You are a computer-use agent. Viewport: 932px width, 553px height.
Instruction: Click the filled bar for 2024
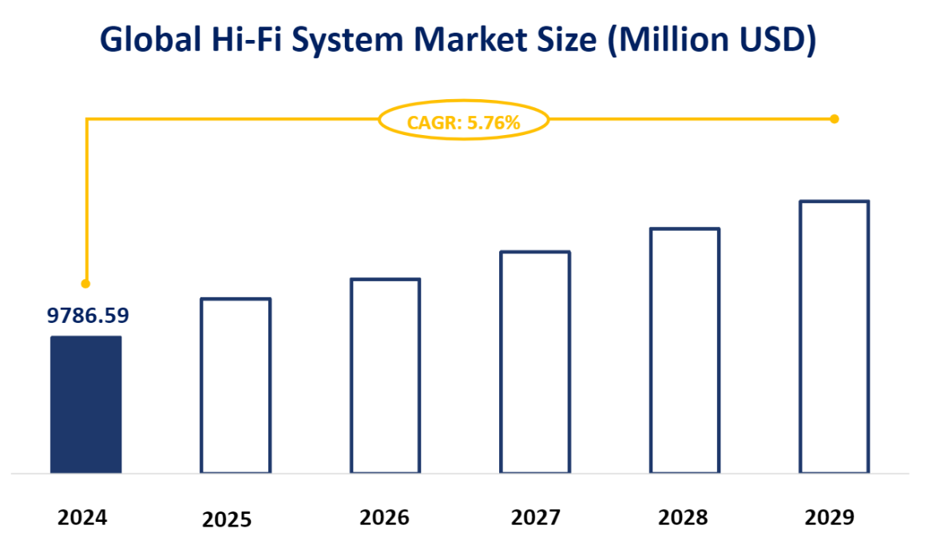86,404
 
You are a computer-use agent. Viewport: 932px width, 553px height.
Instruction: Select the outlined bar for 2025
236,385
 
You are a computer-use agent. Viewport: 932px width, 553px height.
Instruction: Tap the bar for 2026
386,376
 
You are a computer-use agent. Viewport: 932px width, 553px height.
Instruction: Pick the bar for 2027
535,362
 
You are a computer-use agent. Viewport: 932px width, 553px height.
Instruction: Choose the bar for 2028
684,350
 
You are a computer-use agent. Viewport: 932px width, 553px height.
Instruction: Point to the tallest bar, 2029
834,336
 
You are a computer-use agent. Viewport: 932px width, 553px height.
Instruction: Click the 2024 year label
82,518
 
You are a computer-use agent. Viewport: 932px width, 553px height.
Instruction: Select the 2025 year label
227,520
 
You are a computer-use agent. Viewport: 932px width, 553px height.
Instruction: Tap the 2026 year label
384,518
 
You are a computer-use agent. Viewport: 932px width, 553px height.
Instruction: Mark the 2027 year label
535,518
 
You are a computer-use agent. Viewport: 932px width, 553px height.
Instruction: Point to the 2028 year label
683,518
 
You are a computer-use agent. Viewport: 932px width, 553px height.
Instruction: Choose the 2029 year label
830,518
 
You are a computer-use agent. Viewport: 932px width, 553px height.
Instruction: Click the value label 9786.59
88,316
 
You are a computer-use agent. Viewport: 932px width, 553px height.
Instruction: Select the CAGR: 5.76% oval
463,121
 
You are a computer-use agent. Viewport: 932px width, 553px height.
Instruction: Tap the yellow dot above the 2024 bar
85,284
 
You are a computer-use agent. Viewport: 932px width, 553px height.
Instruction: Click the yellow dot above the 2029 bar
835,119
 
